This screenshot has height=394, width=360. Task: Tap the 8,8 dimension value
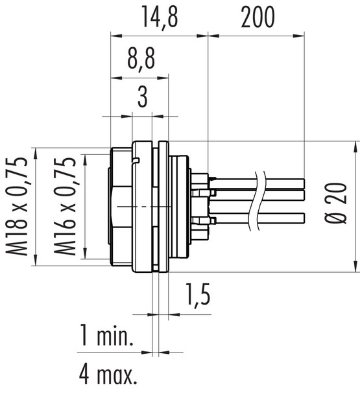[x=140, y=64]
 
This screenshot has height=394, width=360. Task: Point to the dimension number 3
[x=142, y=100]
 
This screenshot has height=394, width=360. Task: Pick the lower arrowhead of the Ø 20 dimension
[x=355, y=266]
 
